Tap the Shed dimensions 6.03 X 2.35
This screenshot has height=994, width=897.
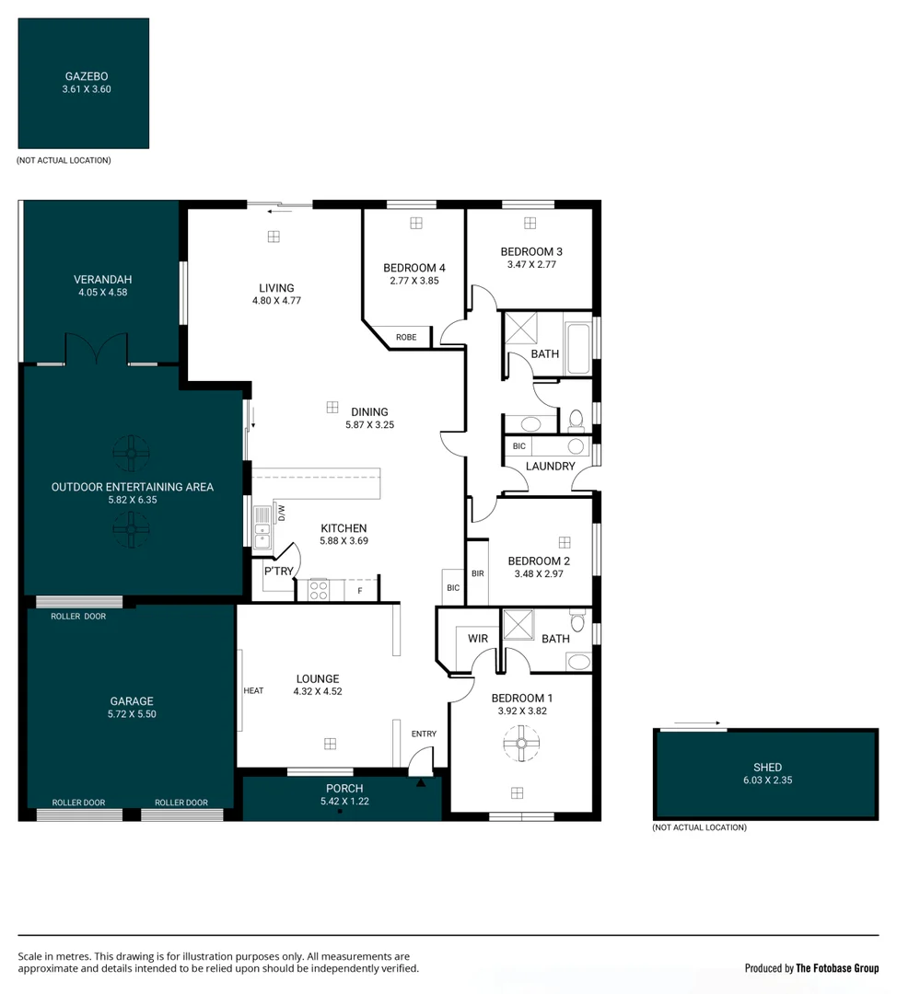pos(767,780)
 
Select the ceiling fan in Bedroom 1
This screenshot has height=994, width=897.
pos(521,744)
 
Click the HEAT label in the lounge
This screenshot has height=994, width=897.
pos(253,691)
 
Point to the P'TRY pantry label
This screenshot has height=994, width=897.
pos(278,572)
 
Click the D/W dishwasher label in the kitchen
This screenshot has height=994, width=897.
pos(283,514)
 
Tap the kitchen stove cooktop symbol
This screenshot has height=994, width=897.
pos(319,590)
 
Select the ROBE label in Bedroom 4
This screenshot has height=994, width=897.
pos(406,338)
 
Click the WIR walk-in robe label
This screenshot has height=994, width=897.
pos(478,639)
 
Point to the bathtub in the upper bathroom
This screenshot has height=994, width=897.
pos(578,347)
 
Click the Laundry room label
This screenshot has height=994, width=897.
pos(550,467)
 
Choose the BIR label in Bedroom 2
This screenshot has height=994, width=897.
pos(477,573)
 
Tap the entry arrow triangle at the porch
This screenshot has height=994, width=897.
pos(422,783)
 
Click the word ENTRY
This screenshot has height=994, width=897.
pos(424,734)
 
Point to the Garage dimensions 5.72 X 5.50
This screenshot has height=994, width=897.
pos(133,714)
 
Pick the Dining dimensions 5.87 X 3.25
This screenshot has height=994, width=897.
pos(369,425)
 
